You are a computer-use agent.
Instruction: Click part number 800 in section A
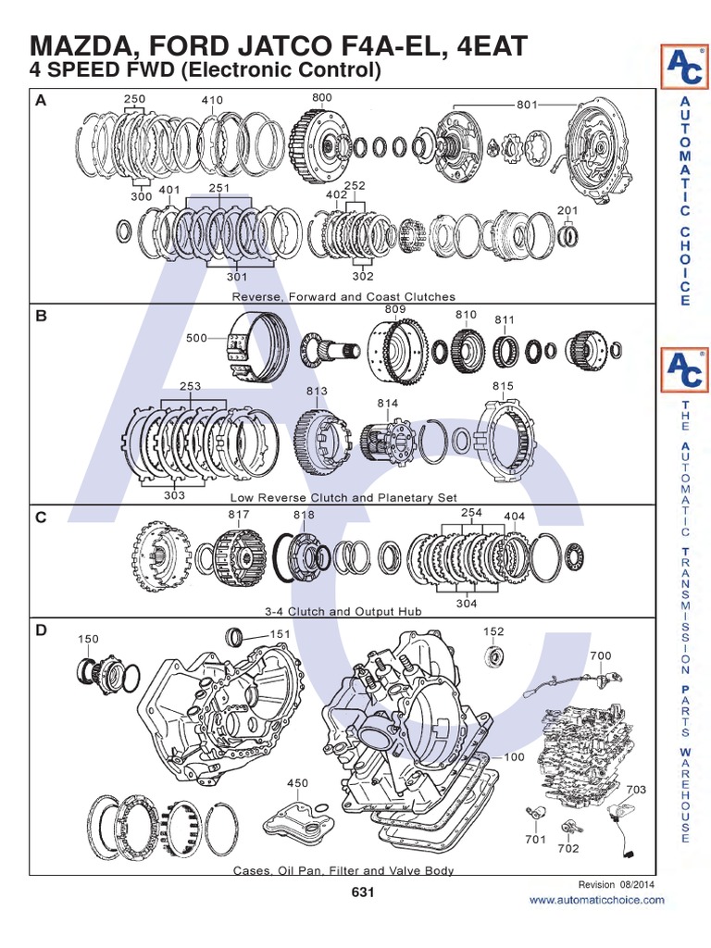point(321,97)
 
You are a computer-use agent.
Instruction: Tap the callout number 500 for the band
point(196,338)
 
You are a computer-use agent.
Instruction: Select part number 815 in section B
point(503,385)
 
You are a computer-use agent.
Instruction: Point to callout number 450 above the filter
point(297,783)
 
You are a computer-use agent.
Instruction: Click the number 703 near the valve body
point(636,790)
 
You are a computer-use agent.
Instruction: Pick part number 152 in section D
point(493,631)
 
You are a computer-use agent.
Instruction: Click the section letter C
point(41,518)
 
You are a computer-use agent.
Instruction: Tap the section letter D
point(41,630)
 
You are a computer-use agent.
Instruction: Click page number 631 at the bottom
point(362,892)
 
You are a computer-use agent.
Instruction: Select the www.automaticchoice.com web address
point(596,900)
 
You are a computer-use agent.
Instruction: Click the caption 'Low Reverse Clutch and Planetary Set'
point(343,497)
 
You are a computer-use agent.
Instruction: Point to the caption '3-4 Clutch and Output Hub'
point(343,611)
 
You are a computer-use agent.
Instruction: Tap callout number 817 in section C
point(239,515)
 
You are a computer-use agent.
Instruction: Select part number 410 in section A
point(212,100)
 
